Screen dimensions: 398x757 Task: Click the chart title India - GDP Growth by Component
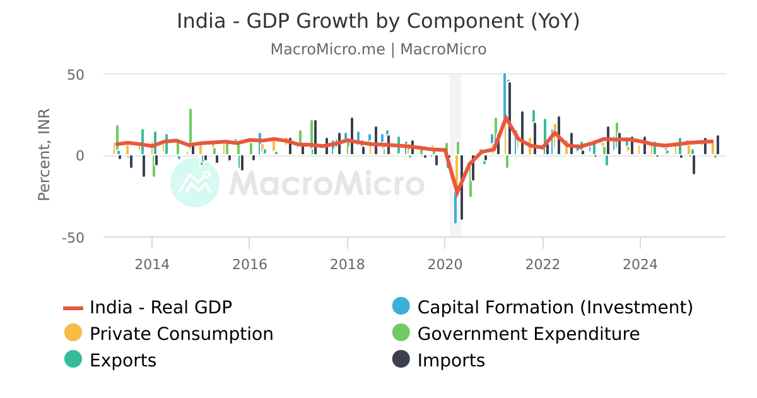tap(378, 21)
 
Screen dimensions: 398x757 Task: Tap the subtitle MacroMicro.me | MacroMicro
tap(378, 49)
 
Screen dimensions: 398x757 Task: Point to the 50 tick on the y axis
tap(76, 75)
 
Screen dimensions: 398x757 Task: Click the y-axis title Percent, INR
tap(44, 155)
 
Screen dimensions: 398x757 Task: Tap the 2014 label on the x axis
tap(152, 263)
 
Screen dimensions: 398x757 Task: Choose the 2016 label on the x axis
tap(250, 263)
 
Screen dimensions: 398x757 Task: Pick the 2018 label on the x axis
tap(347, 263)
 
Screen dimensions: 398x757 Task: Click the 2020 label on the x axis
tap(445, 263)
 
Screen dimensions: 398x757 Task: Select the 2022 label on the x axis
tap(543, 263)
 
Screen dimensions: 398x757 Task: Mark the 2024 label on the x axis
tap(640, 263)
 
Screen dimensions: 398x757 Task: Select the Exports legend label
tap(123, 361)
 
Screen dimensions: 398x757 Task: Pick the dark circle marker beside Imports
tap(401, 359)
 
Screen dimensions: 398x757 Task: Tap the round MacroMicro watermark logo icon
tap(195, 183)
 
